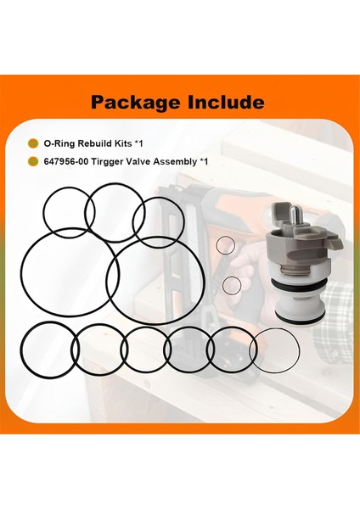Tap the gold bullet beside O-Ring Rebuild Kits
33,143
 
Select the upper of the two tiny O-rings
225,245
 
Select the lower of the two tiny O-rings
231,283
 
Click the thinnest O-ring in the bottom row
275,348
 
